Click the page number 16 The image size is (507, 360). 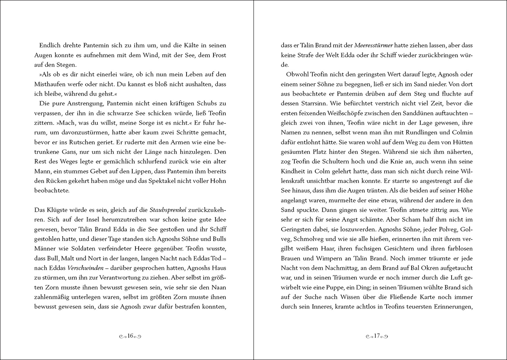click(x=130, y=336)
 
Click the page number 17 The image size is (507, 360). click(x=377, y=336)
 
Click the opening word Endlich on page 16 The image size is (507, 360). click(x=51, y=45)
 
